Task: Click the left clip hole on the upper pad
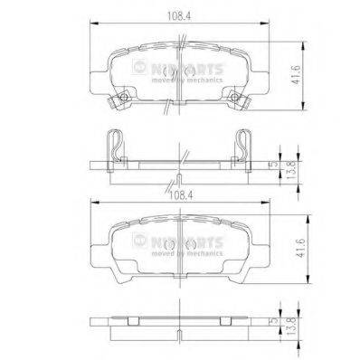(119, 98)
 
